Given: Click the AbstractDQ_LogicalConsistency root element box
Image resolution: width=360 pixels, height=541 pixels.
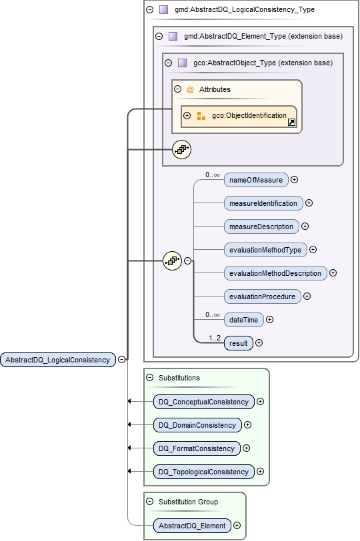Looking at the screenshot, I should click(58, 360).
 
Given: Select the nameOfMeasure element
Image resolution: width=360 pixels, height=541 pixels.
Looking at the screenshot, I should click(256, 179).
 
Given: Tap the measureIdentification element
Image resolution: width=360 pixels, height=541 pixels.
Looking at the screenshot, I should click(263, 203).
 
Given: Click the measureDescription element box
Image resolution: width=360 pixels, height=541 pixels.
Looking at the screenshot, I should click(261, 227).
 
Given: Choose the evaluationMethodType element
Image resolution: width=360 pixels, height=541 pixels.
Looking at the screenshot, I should click(265, 250).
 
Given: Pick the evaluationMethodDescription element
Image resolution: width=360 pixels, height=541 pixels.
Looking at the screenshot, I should click(275, 273).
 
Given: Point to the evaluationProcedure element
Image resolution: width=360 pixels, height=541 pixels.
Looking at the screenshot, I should click(262, 296).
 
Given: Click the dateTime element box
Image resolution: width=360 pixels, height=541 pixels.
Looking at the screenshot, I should click(243, 320).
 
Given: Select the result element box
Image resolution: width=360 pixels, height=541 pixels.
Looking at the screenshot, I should click(239, 343).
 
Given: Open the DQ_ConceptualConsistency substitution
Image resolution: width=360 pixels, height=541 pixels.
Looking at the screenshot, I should click(203, 402).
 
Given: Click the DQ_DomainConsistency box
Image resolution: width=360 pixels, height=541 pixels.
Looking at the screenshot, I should click(197, 425).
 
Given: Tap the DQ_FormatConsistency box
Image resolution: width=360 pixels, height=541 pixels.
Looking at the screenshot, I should click(196, 448).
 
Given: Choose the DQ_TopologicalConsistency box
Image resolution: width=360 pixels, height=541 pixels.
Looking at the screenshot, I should click(203, 472).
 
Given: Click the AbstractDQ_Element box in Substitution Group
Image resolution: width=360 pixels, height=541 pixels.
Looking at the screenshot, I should click(191, 526).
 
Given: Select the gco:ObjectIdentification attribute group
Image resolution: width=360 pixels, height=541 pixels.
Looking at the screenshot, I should click(248, 116).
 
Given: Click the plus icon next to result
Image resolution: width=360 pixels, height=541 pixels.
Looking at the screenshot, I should click(259, 343).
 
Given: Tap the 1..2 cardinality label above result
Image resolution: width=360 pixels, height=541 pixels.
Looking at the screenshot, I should click(215, 338).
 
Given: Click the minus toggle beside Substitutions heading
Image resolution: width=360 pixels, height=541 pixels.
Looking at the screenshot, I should click(150, 377).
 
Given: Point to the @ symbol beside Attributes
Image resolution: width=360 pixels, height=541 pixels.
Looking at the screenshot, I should click(190, 89).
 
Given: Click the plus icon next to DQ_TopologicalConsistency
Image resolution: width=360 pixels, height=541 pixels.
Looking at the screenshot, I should click(260, 472).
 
